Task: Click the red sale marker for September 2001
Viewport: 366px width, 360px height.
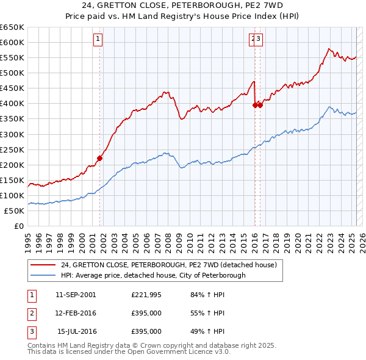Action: [99, 158]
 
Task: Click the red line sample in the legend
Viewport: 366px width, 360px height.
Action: [43, 265]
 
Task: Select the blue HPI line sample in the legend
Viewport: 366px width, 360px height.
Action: [43, 275]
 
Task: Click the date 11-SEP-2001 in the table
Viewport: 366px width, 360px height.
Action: [76, 295]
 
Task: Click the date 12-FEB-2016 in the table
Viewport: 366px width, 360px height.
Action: [76, 314]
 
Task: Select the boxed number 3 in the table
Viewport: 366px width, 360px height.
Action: [30, 332]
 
